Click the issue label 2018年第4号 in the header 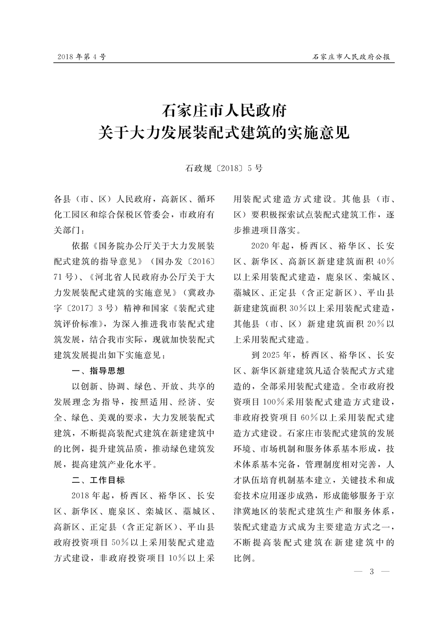pyautogui.click(x=82, y=57)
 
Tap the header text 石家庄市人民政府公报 pyautogui.click(x=351, y=57)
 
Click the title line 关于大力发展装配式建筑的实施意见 pyautogui.click(x=224, y=133)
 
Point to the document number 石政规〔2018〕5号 pyautogui.click(x=224, y=168)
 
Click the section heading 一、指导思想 pyautogui.click(x=98, y=371)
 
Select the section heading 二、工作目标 pyautogui.click(x=98, y=480)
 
